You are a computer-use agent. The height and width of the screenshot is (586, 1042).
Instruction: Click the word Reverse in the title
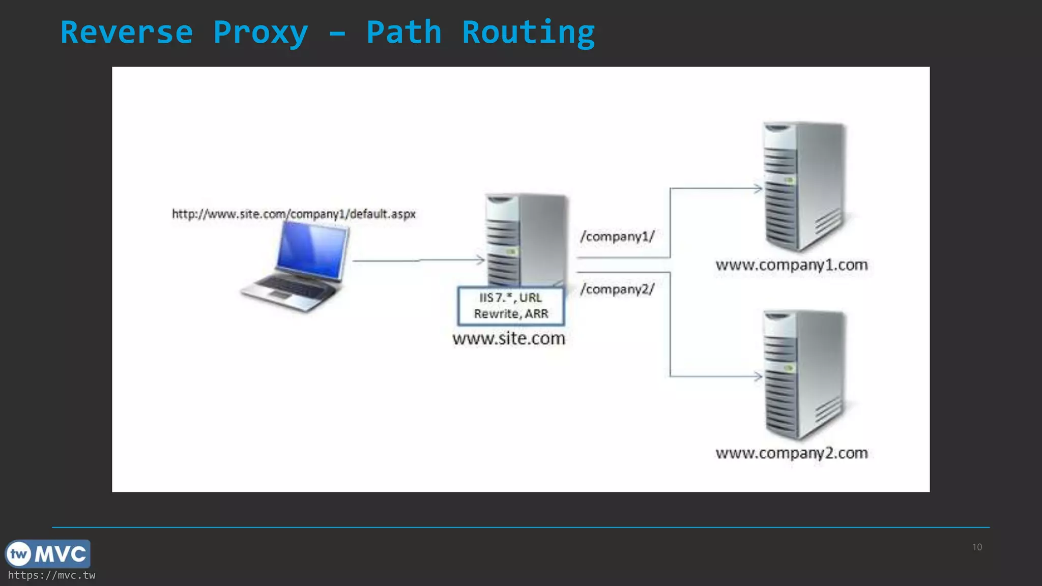pyautogui.click(x=127, y=33)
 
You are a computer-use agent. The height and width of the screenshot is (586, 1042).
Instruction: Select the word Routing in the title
pyautogui.click(x=528, y=33)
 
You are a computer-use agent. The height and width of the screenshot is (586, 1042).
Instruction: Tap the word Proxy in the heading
pyautogui.click(x=260, y=33)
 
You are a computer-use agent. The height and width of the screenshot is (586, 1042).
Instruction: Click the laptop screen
pyautogui.click(x=311, y=251)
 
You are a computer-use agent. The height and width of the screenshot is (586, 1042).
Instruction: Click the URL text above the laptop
pyautogui.click(x=294, y=214)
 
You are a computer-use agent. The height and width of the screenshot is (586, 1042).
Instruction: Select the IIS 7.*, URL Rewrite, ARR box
pyautogui.click(x=511, y=306)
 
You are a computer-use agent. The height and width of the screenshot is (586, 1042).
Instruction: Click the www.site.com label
pyautogui.click(x=509, y=339)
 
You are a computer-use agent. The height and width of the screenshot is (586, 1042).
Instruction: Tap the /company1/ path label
pyautogui.click(x=617, y=237)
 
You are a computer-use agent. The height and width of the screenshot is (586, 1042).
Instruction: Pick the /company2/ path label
pyautogui.click(x=617, y=289)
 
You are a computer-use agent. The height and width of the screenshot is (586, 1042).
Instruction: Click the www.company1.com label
pyautogui.click(x=792, y=265)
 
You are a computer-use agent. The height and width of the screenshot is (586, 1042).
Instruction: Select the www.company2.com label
pyautogui.click(x=792, y=453)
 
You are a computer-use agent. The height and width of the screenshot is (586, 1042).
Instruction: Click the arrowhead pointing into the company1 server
pyautogui.click(x=758, y=189)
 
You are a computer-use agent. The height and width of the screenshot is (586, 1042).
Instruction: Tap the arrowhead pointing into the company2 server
pyautogui.click(x=758, y=376)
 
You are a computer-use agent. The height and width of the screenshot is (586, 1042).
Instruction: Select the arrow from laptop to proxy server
pyautogui.click(x=417, y=260)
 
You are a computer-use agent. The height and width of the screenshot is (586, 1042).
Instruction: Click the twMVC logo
pyautogui.click(x=48, y=553)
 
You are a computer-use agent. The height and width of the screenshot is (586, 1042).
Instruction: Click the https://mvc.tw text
pyautogui.click(x=51, y=575)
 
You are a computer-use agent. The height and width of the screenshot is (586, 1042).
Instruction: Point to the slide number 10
pyautogui.click(x=977, y=547)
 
